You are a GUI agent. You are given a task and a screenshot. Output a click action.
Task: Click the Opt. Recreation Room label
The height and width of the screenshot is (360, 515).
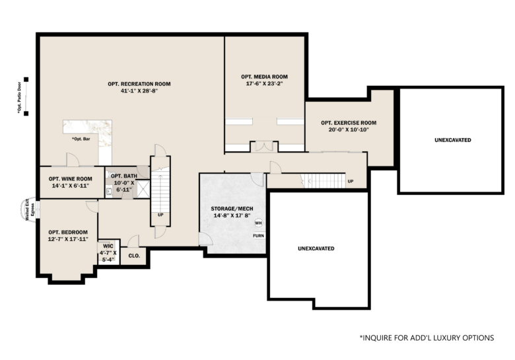pyautogui.click(x=139, y=84)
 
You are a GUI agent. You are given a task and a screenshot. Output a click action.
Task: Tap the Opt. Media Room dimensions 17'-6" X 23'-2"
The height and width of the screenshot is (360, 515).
pyautogui.click(x=264, y=84)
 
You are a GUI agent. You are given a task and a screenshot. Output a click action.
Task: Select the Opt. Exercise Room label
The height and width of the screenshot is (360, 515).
pyautogui.click(x=349, y=123)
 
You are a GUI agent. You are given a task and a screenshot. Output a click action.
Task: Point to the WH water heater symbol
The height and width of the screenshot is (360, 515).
pyautogui.click(x=258, y=223)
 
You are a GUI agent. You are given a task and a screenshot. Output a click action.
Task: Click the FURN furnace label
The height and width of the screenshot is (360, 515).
pyautogui.click(x=258, y=236)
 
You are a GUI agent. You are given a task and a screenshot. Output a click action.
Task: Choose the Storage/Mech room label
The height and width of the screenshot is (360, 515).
pyautogui.click(x=232, y=209)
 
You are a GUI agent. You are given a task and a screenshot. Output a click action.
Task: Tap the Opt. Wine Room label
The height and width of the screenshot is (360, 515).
pyautogui.click(x=70, y=179)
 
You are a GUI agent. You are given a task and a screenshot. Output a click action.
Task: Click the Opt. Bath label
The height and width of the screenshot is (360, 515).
pyautogui.click(x=124, y=176)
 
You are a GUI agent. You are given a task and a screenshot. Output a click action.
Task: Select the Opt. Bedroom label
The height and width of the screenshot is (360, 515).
pyautogui.click(x=68, y=233)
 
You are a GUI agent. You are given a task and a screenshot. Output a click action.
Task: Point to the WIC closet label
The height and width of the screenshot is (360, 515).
pyautogui.click(x=108, y=246)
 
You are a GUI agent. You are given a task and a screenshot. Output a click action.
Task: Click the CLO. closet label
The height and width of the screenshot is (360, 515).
pyautogui.click(x=134, y=256)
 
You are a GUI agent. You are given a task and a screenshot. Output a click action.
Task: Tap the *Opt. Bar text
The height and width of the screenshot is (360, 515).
pyautogui.click(x=81, y=139)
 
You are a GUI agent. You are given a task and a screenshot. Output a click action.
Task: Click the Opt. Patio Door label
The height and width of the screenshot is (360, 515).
pyautogui.click(x=19, y=98)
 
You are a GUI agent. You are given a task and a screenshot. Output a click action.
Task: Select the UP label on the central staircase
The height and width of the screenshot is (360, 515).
pyautogui.click(x=160, y=215)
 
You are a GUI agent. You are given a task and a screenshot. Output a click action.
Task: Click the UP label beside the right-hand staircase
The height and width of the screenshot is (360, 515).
pyautogui.click(x=351, y=181)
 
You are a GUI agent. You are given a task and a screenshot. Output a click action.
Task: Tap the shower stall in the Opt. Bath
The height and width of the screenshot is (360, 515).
pyautogui.click(x=143, y=189)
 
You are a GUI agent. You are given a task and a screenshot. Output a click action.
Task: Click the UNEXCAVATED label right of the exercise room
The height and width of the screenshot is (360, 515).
pyautogui.click(x=452, y=140)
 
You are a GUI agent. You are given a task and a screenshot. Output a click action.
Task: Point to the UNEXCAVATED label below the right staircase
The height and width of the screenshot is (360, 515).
pyautogui.click(x=316, y=248)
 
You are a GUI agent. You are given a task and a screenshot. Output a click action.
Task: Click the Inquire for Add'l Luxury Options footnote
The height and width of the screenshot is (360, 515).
pyautogui.click(x=427, y=338)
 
